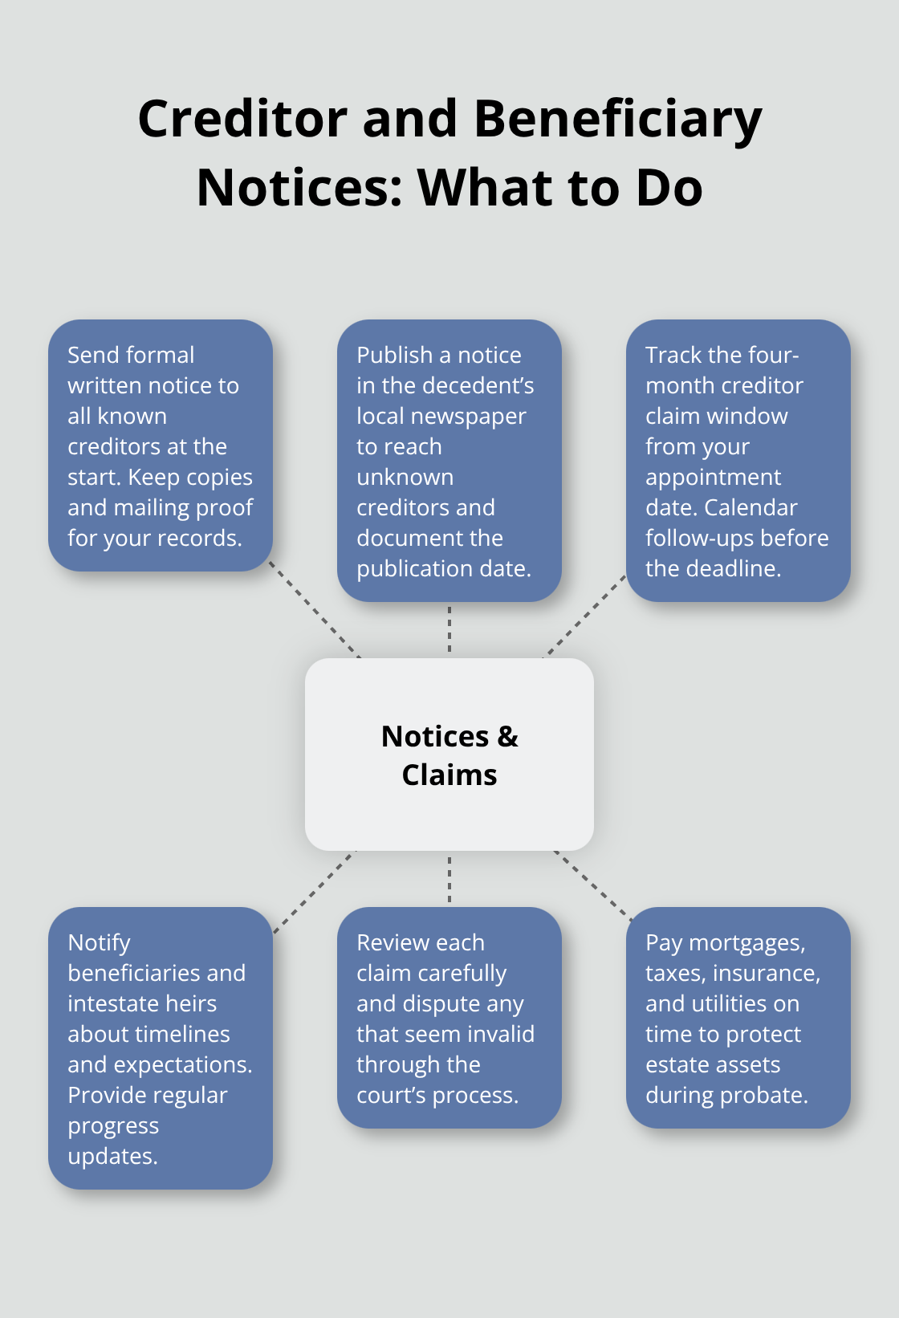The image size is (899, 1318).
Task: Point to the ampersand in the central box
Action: [508, 737]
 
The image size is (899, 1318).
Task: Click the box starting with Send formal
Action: [160, 445]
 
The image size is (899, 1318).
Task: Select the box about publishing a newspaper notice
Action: [449, 461]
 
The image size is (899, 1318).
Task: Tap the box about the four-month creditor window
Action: [738, 461]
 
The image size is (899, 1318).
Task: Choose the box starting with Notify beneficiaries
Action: [160, 1048]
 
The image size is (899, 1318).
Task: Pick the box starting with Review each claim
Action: [449, 1018]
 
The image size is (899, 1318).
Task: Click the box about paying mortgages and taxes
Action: [738, 1018]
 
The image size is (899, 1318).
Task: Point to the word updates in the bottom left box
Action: [112, 1157]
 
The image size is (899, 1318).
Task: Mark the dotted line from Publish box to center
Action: [449, 629]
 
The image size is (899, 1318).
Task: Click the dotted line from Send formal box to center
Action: [315, 610]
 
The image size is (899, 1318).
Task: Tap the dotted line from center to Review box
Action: [449, 879]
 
